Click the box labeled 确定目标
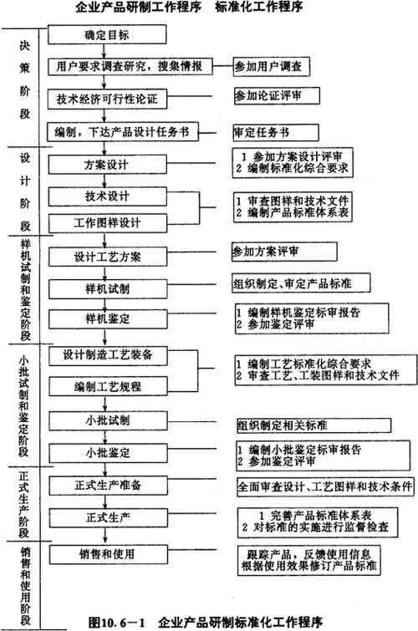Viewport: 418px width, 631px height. point(107,34)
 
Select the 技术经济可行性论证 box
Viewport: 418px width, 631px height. point(107,99)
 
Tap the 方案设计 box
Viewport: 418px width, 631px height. point(108,164)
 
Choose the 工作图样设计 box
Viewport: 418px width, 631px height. point(108,223)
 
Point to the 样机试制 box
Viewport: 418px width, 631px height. point(108,289)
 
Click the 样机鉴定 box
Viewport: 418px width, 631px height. point(108,319)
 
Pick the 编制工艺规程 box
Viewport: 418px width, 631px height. point(108,386)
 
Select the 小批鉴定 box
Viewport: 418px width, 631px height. point(108,453)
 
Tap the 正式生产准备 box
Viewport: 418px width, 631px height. point(108,486)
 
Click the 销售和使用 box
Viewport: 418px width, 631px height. point(109,555)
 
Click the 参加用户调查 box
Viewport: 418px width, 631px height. point(272,66)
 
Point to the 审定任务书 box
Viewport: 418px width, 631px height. point(276,132)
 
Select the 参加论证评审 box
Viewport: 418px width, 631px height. point(277,96)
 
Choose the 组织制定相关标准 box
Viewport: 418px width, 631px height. point(313,425)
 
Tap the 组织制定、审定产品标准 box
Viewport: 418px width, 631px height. point(301,282)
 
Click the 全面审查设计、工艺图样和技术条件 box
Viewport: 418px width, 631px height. point(325,486)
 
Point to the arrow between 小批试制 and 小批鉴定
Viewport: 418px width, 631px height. point(105,436)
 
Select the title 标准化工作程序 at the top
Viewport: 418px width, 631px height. point(258,7)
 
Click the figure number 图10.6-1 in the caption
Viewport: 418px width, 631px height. point(116,622)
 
